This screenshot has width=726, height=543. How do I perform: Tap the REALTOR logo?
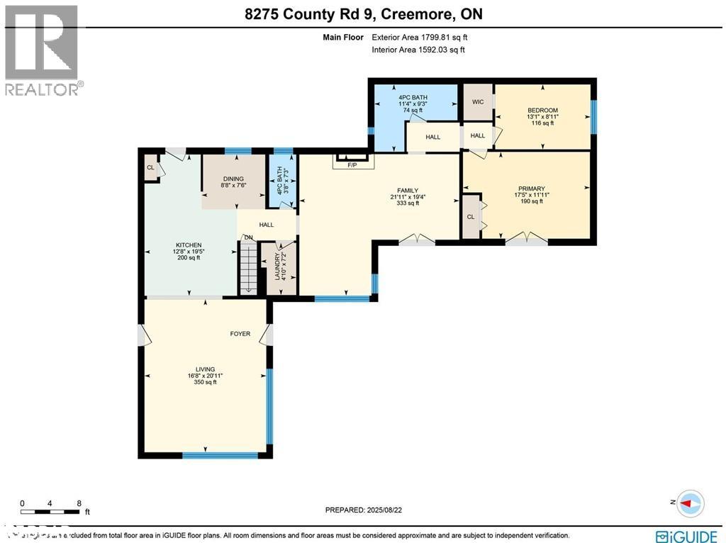point(42,50)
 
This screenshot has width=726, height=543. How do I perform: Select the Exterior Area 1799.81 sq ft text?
point(418,37)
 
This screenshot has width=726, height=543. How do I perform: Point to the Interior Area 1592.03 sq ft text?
point(418,50)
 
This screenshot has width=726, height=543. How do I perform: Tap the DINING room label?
point(233,183)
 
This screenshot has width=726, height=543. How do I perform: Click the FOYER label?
point(240,333)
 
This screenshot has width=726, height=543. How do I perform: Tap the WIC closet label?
point(478,102)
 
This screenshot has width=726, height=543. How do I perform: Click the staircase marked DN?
point(248,266)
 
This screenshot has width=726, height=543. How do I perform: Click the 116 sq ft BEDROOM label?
point(542,116)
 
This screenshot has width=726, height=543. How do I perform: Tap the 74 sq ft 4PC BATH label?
point(413,103)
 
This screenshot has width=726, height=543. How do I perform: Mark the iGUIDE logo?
point(685,536)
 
